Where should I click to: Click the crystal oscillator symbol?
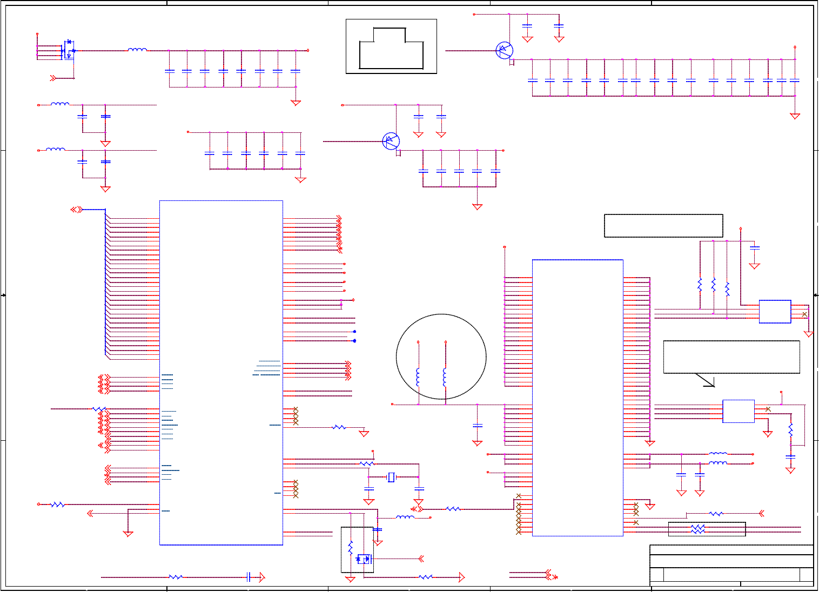click(x=391, y=477)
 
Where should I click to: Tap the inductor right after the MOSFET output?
click(x=137, y=50)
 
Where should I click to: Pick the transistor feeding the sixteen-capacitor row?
click(x=505, y=51)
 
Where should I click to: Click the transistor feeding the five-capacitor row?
click(x=391, y=142)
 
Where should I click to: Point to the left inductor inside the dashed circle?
click(x=418, y=377)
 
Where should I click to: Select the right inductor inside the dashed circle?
click(x=445, y=377)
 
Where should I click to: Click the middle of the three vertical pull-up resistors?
click(x=714, y=284)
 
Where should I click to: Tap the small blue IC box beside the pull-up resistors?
click(x=775, y=312)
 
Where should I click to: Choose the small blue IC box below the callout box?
click(x=739, y=411)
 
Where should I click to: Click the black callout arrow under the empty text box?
click(x=705, y=380)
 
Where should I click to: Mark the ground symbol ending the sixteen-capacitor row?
click(x=795, y=116)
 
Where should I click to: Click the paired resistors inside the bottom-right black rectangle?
click(x=698, y=529)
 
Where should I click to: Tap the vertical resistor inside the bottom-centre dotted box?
click(x=350, y=548)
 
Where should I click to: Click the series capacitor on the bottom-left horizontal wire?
click(x=249, y=577)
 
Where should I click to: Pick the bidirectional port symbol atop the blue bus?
click(x=77, y=209)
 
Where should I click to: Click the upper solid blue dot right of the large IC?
click(x=354, y=332)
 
